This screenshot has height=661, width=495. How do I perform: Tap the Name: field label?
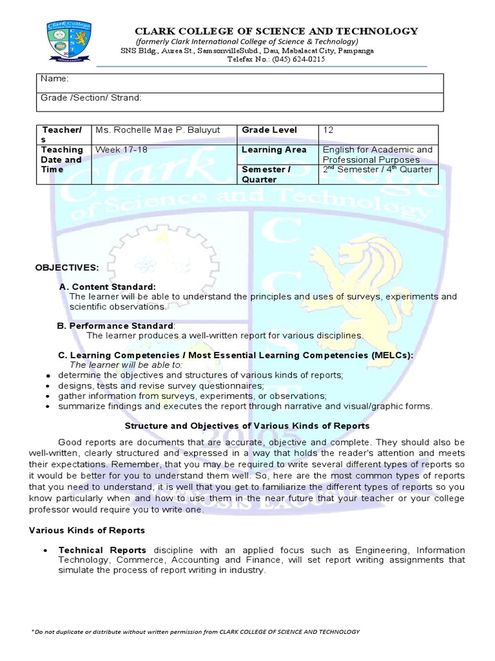(55, 78)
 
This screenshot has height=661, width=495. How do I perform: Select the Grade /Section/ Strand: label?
(91, 97)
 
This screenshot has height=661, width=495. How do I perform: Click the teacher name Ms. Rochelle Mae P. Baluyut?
(157, 130)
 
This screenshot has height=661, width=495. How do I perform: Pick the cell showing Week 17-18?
(121, 150)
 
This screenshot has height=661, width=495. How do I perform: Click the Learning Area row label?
(274, 150)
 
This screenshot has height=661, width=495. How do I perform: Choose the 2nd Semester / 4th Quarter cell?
(377, 170)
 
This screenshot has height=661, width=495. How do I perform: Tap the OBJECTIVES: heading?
(67, 267)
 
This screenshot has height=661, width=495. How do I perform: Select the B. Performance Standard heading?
(115, 325)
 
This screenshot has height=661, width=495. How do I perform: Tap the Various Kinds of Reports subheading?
(87, 530)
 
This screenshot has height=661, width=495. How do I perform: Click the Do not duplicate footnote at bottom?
(195, 632)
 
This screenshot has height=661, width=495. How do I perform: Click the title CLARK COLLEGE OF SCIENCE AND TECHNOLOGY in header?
(276, 32)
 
